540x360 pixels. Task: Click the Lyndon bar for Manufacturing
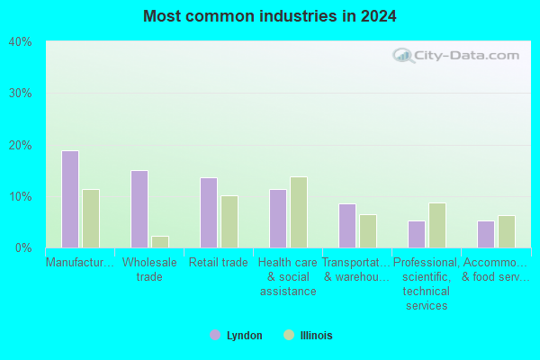click(70, 199)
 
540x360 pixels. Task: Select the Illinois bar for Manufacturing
click(91, 219)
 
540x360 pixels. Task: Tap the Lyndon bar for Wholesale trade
click(139, 209)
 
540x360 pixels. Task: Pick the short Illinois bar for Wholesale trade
click(160, 242)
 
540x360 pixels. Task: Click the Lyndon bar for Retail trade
click(209, 212)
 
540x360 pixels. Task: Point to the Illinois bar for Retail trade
click(229, 222)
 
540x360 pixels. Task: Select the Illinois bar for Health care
click(299, 212)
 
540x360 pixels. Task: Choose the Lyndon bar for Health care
click(278, 219)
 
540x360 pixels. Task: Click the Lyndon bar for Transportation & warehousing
click(347, 226)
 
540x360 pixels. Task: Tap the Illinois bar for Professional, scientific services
click(437, 225)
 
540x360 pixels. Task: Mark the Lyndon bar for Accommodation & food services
click(486, 234)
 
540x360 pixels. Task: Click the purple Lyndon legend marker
click(215, 335)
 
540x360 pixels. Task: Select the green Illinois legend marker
click(289, 335)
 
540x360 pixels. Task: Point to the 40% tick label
click(21, 42)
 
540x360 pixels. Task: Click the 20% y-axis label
click(21, 146)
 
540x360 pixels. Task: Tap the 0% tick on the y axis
click(23, 247)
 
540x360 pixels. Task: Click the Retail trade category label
click(219, 263)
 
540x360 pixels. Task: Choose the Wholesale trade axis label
click(149, 269)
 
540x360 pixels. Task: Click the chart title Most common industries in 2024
click(270, 16)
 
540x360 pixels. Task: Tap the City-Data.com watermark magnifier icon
click(403, 56)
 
